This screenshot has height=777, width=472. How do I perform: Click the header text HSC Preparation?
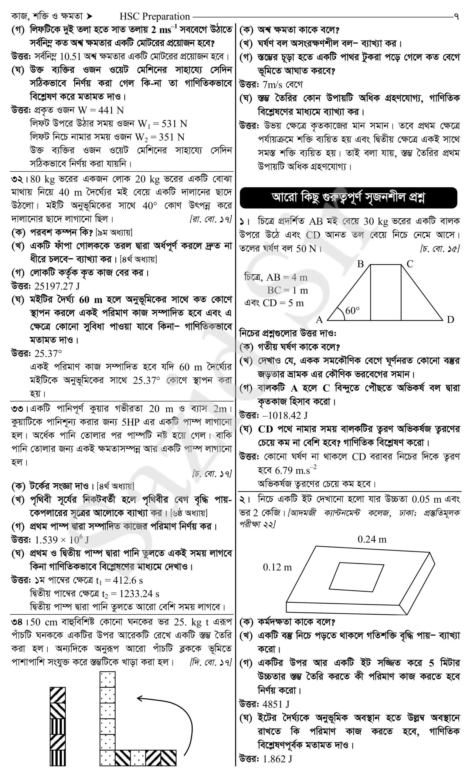(155, 16)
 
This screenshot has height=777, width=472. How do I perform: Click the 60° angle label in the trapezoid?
(352, 310)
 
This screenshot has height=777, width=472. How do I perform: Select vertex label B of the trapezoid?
(360, 264)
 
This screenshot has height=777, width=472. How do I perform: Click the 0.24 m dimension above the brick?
(372, 539)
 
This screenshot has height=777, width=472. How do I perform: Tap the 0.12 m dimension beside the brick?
(277, 567)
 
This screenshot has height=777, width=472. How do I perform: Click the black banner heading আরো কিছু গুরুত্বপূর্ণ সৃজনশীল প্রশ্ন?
(348, 198)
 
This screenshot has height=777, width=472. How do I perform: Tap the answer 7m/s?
(273, 84)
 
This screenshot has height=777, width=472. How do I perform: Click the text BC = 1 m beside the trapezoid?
(287, 290)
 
